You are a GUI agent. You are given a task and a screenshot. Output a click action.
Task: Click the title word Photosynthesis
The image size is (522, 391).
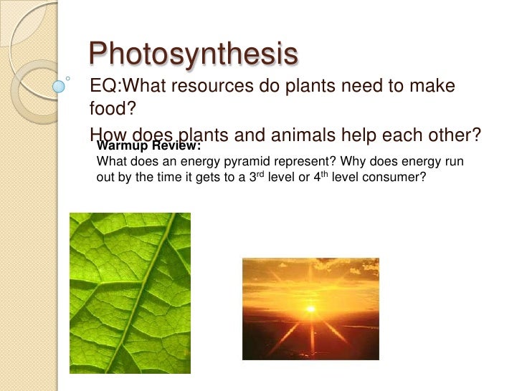192,55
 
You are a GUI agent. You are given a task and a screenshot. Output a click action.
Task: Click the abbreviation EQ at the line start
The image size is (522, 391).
102,87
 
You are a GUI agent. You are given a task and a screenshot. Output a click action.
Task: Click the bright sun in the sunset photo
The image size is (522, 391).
311,309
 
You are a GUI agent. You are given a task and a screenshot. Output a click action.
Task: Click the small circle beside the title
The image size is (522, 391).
67,73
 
